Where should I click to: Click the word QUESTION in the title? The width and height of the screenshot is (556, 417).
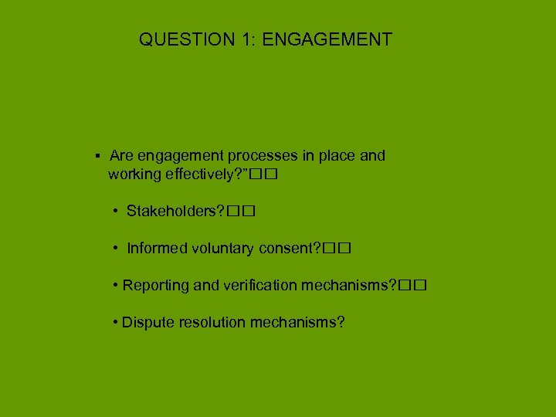coord(183,39)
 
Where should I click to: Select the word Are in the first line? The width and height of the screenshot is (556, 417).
coord(122,155)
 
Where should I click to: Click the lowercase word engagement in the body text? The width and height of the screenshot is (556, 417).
coord(178,156)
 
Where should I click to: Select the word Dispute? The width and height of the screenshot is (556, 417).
coord(147,322)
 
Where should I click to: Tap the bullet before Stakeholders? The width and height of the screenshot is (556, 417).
coord(114,211)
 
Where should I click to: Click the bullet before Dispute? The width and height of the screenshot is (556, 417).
coord(114,322)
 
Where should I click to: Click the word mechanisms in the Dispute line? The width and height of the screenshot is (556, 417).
coord(297,322)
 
